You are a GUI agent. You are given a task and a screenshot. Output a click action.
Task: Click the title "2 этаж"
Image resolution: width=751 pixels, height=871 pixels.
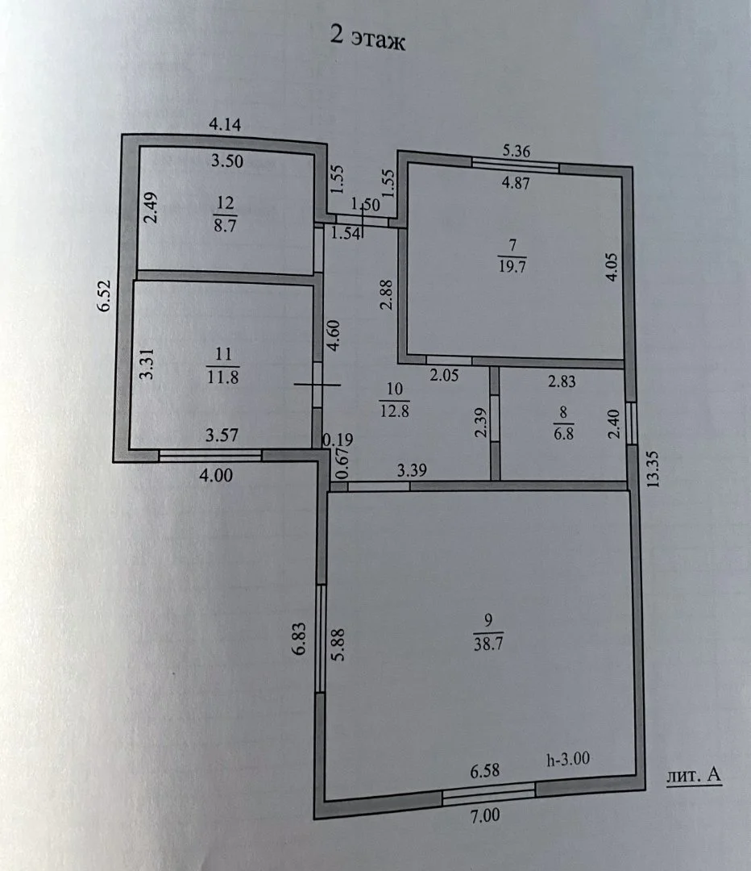click(368, 38)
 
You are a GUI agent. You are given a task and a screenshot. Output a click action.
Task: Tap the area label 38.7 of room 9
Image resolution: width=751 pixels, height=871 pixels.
click(488, 644)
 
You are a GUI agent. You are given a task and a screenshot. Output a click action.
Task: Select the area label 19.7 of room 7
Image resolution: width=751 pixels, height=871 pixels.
click(512, 266)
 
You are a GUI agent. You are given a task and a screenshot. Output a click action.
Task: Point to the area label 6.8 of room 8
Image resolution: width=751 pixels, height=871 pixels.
click(563, 433)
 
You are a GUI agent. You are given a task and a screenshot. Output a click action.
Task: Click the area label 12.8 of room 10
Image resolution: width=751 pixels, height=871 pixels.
click(394, 411)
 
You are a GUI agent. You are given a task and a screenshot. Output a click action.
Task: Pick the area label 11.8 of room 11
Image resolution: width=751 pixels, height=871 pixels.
click(222, 377)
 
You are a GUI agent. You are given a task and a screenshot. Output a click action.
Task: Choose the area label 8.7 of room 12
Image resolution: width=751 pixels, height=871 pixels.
click(225, 226)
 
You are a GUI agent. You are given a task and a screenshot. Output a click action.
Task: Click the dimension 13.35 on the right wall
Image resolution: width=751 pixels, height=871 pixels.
click(653, 469)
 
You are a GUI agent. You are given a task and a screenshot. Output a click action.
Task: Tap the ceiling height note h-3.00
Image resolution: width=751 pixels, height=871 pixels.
click(568, 759)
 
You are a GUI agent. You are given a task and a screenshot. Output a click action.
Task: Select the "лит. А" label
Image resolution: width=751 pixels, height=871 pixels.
click(694, 776)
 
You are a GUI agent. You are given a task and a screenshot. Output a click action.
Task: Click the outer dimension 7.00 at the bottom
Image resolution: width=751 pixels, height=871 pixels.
click(485, 815)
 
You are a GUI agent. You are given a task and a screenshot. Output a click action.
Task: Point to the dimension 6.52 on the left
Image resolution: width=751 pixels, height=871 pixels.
click(106, 296)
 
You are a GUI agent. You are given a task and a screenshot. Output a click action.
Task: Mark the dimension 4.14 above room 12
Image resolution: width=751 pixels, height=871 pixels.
click(225, 124)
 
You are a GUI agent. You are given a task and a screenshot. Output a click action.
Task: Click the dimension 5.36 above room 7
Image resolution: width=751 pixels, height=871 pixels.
click(517, 151)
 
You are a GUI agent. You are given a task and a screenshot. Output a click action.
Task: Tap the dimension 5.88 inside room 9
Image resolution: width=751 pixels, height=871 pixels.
click(338, 644)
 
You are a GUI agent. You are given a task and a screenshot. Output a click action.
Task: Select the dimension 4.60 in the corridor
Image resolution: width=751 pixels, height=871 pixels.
click(333, 335)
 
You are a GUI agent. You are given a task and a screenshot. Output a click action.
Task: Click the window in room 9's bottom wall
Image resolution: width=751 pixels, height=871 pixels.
click(489, 794)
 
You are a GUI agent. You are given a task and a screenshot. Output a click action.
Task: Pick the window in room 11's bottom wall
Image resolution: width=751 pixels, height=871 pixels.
click(210, 456)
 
